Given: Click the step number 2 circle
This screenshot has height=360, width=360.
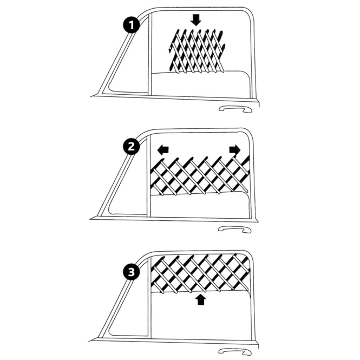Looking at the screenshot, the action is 131,147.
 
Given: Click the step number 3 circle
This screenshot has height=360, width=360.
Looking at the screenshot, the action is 131,272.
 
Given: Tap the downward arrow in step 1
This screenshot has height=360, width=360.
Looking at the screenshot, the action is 195,19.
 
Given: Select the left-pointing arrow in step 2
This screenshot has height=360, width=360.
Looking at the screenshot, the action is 163,150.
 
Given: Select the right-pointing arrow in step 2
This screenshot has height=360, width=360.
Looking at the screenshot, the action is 235,150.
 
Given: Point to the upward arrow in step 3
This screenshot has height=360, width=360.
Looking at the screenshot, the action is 201,299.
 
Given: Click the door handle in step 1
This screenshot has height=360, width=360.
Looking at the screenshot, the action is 236,109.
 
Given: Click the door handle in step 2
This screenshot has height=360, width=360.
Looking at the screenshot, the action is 234,229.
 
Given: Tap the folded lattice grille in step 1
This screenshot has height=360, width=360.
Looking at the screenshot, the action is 197,51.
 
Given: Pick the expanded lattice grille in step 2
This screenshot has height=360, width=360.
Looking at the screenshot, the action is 200,175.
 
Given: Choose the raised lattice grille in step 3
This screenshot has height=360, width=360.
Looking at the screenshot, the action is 200,273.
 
